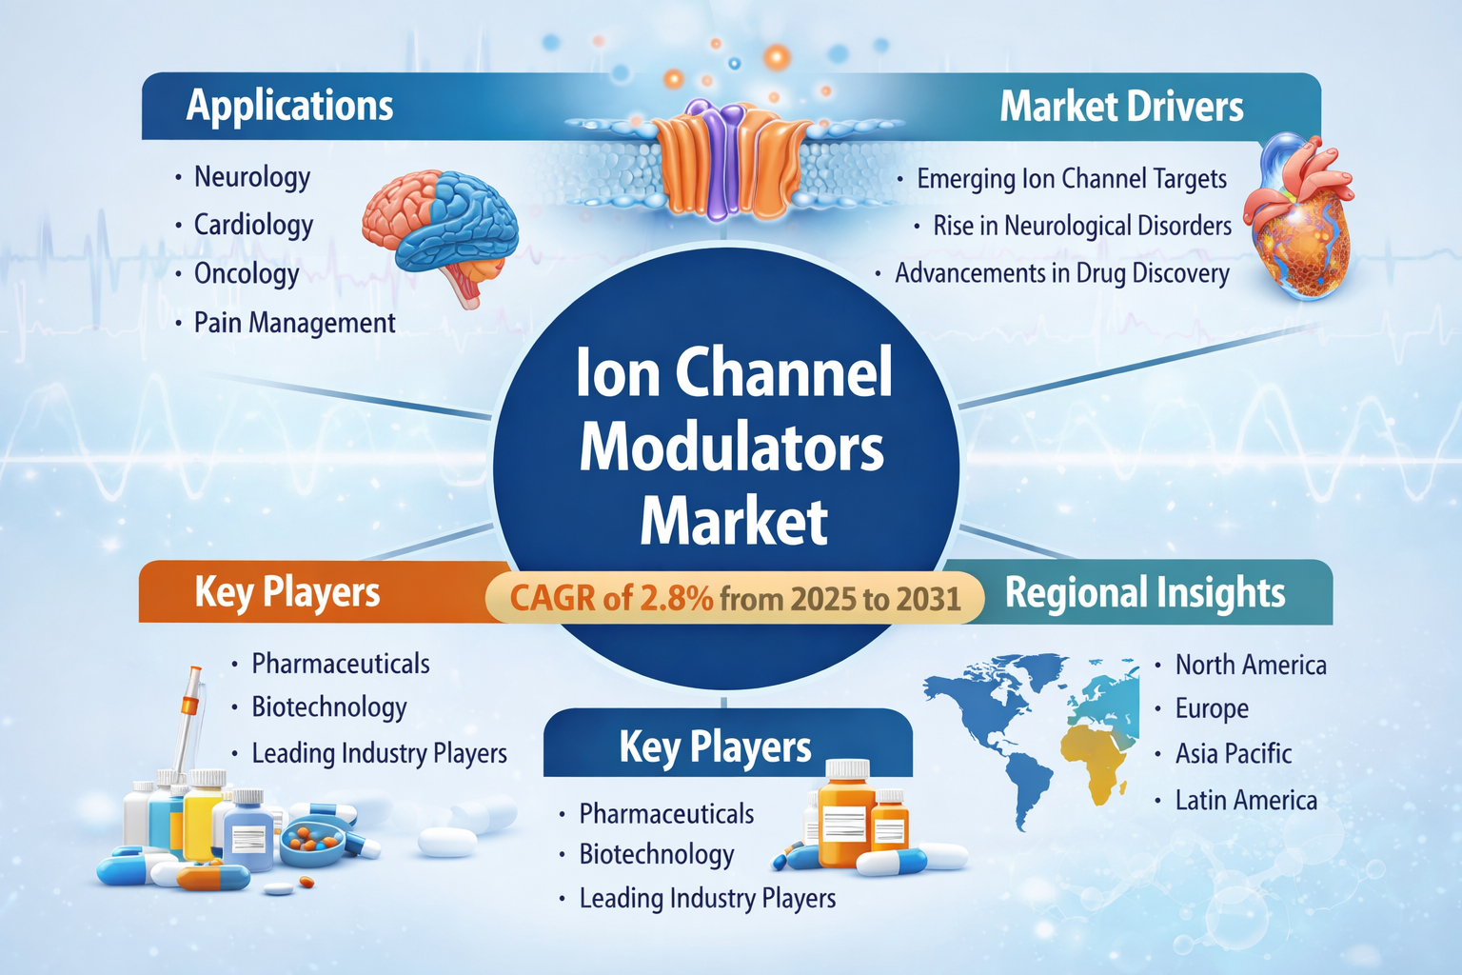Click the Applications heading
289,106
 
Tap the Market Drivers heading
1121,107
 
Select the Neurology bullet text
252,178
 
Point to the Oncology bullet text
247,274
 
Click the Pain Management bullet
294,323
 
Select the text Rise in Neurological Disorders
1082,226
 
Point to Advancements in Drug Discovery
1062,273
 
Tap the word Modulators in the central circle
731,448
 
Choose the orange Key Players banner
324,591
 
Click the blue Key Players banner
728,744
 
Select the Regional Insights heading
1145,593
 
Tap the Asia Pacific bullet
1233,753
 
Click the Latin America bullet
1246,801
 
